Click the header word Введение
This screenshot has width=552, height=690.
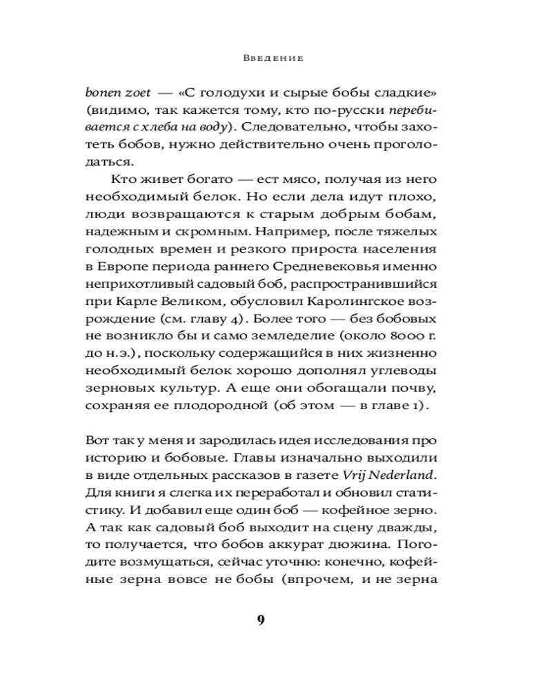[x=274, y=59]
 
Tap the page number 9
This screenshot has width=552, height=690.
[x=261, y=619]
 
